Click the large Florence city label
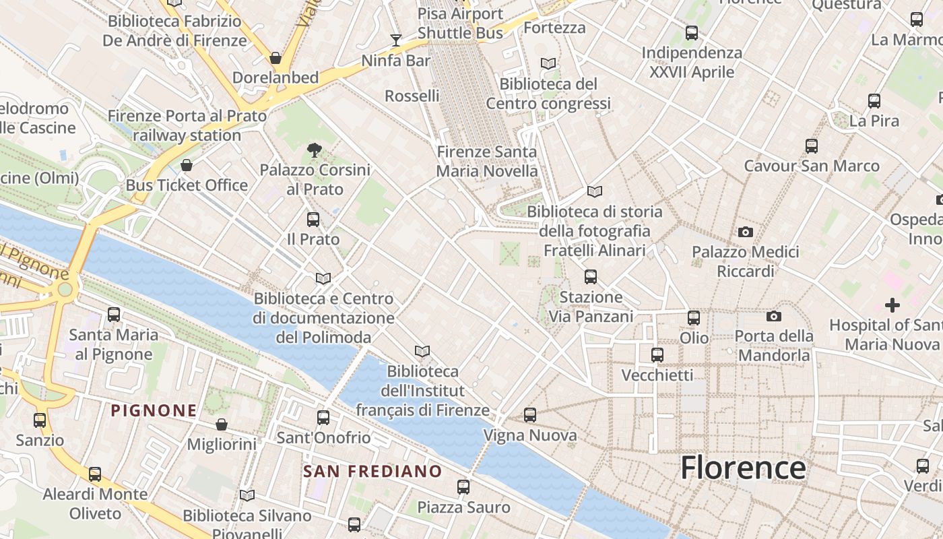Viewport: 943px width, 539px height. click(x=743, y=468)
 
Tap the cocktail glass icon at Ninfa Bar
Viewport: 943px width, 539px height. click(x=396, y=40)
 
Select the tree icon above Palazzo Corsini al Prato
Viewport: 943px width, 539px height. click(x=314, y=150)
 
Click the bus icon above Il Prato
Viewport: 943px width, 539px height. click(x=313, y=219)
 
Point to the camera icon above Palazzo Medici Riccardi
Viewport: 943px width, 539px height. click(x=745, y=232)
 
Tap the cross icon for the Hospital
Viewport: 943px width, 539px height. click(x=892, y=305)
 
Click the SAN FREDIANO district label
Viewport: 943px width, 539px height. click(x=372, y=471)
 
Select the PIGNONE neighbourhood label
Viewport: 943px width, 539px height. click(x=154, y=410)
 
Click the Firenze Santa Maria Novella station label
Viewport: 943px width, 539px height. click(x=487, y=162)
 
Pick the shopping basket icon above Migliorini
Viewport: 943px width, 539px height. click(x=222, y=424)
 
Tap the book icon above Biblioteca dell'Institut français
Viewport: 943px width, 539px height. click(x=422, y=351)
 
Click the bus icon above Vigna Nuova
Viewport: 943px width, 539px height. click(x=530, y=415)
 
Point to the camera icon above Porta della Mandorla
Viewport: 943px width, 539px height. click(x=774, y=316)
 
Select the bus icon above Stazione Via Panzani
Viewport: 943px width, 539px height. click(x=591, y=277)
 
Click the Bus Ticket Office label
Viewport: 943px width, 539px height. click(x=187, y=185)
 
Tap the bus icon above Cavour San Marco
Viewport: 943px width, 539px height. click(x=812, y=146)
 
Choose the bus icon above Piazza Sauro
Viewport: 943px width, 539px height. click(x=463, y=487)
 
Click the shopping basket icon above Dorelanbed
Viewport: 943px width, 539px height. click(x=275, y=58)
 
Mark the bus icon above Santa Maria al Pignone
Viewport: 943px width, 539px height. click(x=114, y=315)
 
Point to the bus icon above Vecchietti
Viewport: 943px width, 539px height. click(x=657, y=355)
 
